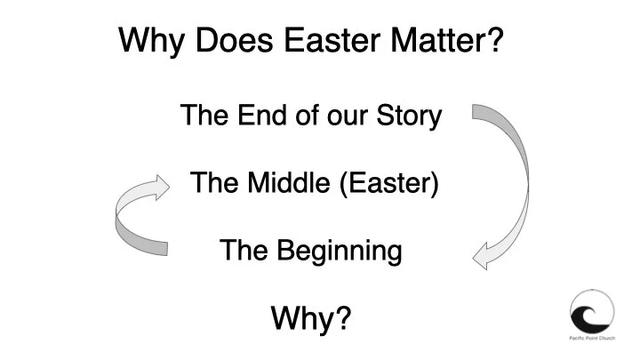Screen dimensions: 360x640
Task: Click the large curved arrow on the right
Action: [516, 169]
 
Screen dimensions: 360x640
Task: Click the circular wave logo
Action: [591, 312]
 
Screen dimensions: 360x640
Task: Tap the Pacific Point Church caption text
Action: [591, 342]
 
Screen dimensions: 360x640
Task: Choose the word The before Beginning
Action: [239, 251]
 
